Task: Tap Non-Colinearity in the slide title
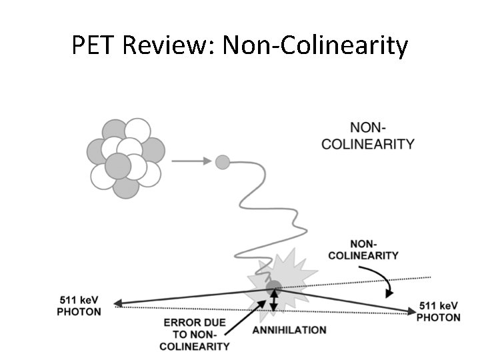click(315, 45)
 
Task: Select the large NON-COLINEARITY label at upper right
click(368, 135)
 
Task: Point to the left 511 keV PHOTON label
click(79, 307)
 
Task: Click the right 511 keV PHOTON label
click(438, 311)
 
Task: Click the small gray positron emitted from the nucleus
click(223, 161)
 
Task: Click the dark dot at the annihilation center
click(273, 288)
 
